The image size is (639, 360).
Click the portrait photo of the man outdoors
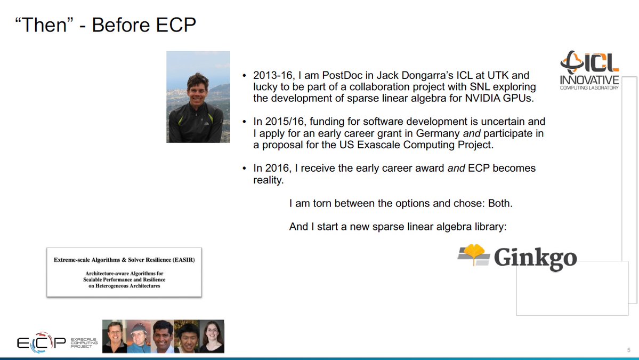198,97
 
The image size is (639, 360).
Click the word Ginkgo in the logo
535,258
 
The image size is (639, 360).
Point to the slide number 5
629,350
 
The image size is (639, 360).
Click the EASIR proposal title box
124,273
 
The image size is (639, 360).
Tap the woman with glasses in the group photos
212,336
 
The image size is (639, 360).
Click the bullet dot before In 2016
244,169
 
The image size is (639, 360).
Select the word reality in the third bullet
267,180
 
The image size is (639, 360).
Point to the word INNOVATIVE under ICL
589,79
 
